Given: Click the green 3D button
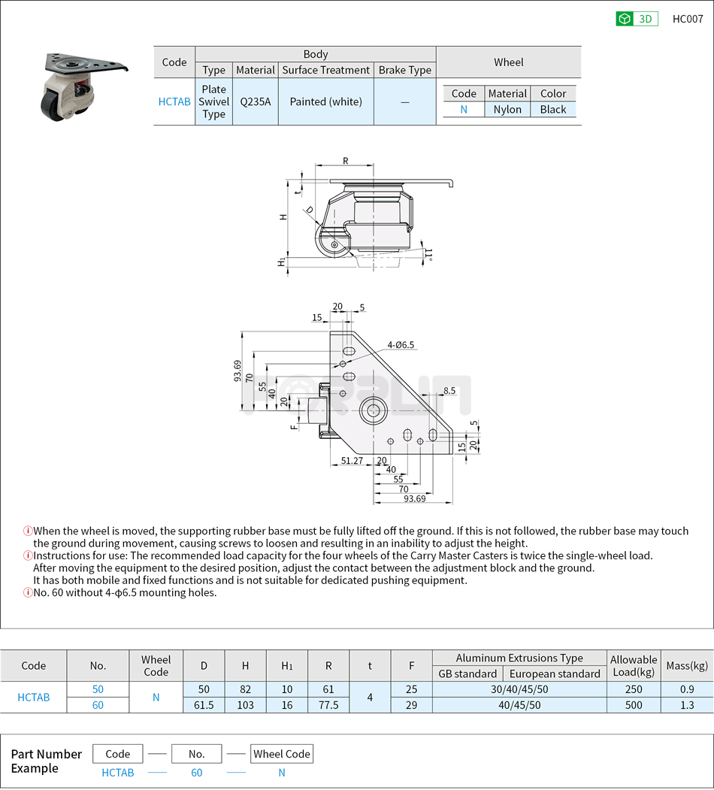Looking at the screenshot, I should [637, 19].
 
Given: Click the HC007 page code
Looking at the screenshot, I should [687, 19].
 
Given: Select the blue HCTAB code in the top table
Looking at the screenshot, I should [174, 101].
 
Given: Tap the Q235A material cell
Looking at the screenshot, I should [255, 101].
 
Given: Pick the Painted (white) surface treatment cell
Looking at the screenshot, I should [325, 101].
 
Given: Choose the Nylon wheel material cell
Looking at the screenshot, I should [507, 109].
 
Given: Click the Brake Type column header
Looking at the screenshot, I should [404, 70].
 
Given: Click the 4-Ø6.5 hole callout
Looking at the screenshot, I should [401, 345].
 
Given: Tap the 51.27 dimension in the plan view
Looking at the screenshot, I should [352, 460].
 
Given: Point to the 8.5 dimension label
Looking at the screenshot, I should [449, 390].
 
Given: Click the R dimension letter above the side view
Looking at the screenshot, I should [346, 160].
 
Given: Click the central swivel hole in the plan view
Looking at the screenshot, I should [372, 410].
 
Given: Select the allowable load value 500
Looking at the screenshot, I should [633, 705].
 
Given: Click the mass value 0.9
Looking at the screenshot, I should [686, 689].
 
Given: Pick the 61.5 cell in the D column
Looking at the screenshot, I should [204, 705].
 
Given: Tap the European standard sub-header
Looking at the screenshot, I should [554, 673].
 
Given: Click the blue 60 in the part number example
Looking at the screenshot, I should [196, 772].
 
